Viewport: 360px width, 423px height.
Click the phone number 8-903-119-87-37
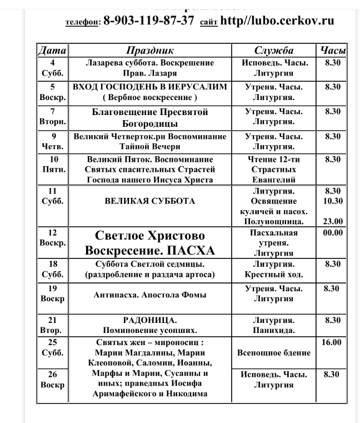point(149,21)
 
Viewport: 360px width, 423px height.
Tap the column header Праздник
point(150,51)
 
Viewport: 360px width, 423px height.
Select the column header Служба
point(273,51)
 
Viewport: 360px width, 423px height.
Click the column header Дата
point(51,51)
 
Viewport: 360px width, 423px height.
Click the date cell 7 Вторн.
point(51,117)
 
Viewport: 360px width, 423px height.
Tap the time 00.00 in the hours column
point(332,233)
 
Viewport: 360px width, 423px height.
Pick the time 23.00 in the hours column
point(332,221)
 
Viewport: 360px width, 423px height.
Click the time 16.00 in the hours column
point(332,342)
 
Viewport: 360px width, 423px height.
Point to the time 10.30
point(332,201)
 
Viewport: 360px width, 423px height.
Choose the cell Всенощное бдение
point(273,352)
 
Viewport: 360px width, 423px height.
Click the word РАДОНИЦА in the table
point(150,320)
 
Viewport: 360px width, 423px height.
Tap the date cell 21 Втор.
point(51,325)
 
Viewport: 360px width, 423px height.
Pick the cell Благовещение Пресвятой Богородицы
point(150,117)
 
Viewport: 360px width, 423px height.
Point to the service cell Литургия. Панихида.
point(273,325)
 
